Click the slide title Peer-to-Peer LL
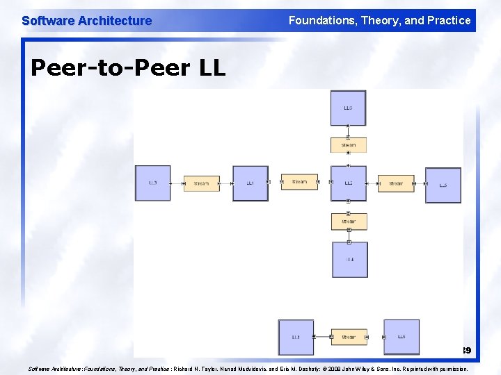[128, 68]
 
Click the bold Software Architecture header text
[86, 21]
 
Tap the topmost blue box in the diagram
[348, 108]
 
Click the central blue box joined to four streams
[348, 183]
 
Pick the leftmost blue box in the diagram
[152, 183]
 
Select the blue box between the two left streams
[250, 183]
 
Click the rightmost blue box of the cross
[443, 185]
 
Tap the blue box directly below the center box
[349, 260]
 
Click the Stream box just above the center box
[348, 145]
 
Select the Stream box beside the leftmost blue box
[201, 183]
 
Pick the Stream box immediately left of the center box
[299, 182]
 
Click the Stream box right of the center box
[395, 183]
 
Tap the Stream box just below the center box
[349, 222]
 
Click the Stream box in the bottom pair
[348, 337]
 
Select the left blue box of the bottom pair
[296, 337]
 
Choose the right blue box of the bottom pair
[401, 337]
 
